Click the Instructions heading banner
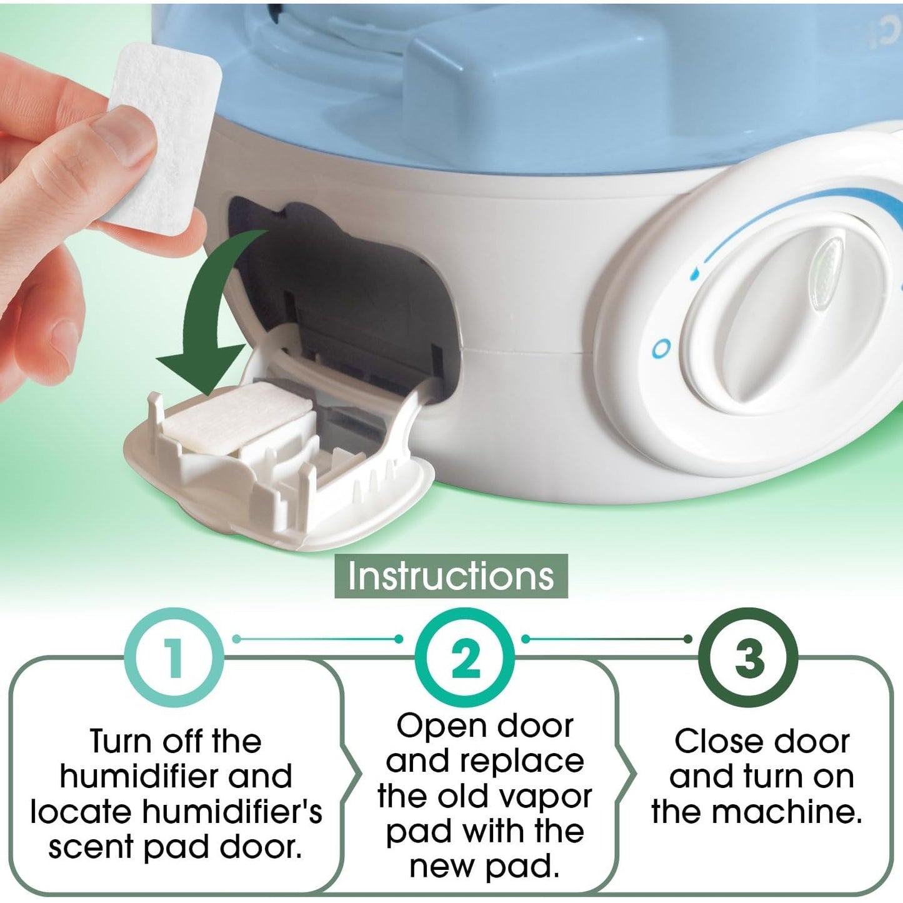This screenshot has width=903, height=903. (451, 576)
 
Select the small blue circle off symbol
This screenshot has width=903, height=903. (661, 349)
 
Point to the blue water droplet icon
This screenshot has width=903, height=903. (695, 274)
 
